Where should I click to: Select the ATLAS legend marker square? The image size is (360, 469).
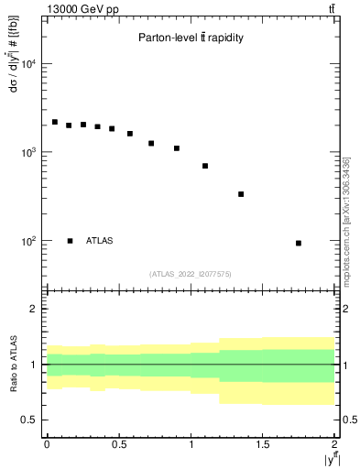(x=70, y=241)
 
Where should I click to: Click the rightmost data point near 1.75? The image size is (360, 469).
(x=299, y=243)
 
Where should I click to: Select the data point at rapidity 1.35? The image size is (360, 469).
(x=241, y=194)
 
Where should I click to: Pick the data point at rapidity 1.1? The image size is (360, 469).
(x=205, y=166)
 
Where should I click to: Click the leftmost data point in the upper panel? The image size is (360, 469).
(x=54, y=122)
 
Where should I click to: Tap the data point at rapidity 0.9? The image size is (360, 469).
(x=176, y=148)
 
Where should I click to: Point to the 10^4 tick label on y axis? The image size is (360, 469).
(x=29, y=64)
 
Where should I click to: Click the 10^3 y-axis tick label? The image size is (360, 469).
(x=29, y=152)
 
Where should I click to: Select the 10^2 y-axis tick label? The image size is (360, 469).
(x=29, y=241)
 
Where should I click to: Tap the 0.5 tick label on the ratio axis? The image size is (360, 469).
(x=31, y=420)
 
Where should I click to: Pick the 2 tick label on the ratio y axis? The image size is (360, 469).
(x=36, y=309)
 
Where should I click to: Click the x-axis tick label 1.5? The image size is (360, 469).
(x=263, y=444)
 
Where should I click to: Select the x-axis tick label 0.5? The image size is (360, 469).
(x=119, y=444)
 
